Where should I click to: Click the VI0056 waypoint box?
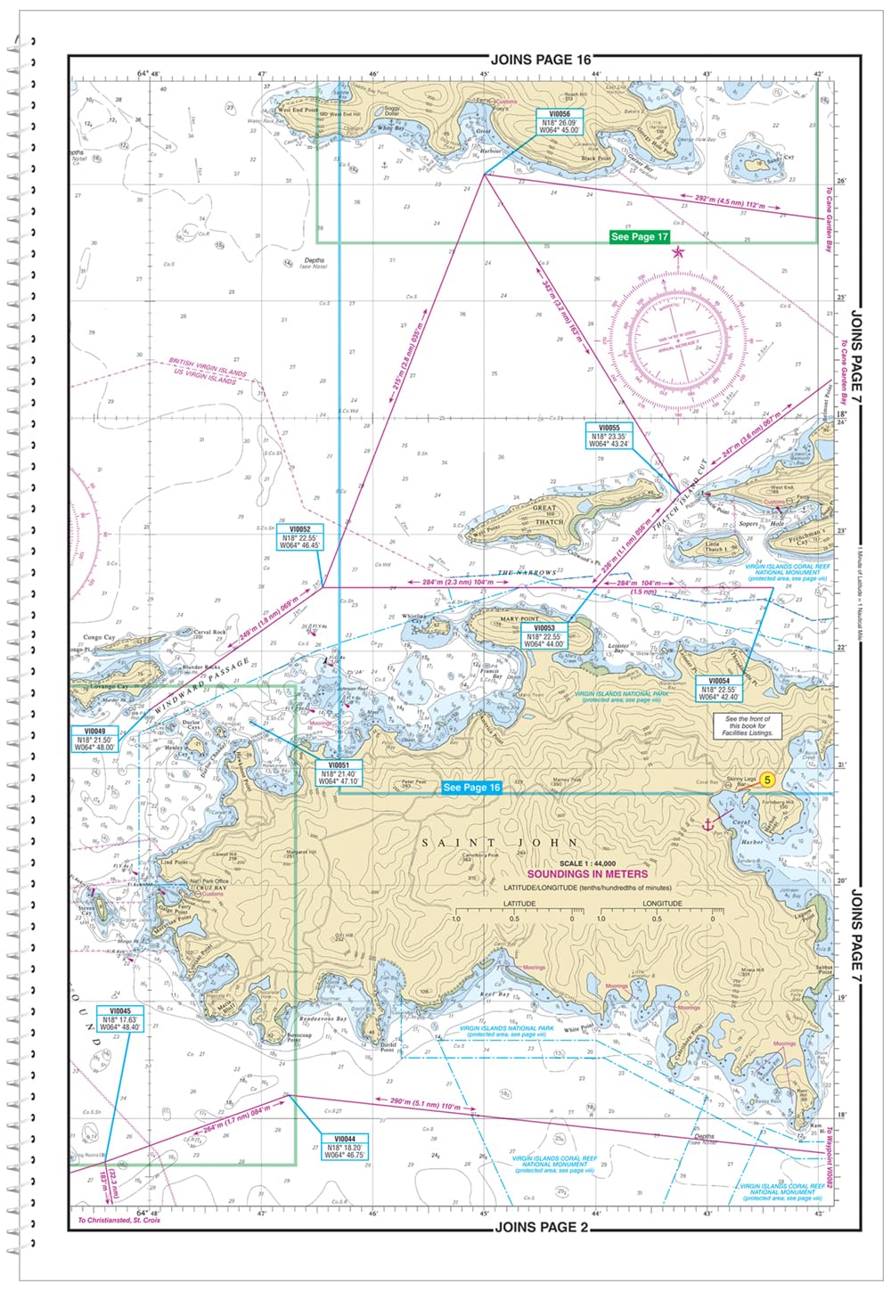coord(559,122)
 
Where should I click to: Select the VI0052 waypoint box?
coord(299,537)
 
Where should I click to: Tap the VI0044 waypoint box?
coord(344,1147)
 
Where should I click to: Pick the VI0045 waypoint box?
coord(120,1019)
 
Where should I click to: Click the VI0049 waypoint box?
coord(94,740)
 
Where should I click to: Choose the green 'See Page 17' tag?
coord(639,237)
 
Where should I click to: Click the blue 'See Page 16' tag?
coord(471,788)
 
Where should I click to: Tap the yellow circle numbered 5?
coord(768,780)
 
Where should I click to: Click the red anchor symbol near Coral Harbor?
coord(709,825)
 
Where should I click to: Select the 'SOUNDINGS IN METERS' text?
coord(587,874)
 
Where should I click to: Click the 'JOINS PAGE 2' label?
coord(542,1227)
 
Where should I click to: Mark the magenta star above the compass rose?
coord(679,252)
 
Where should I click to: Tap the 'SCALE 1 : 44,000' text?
coord(586,863)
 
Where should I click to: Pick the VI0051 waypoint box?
coord(339,773)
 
